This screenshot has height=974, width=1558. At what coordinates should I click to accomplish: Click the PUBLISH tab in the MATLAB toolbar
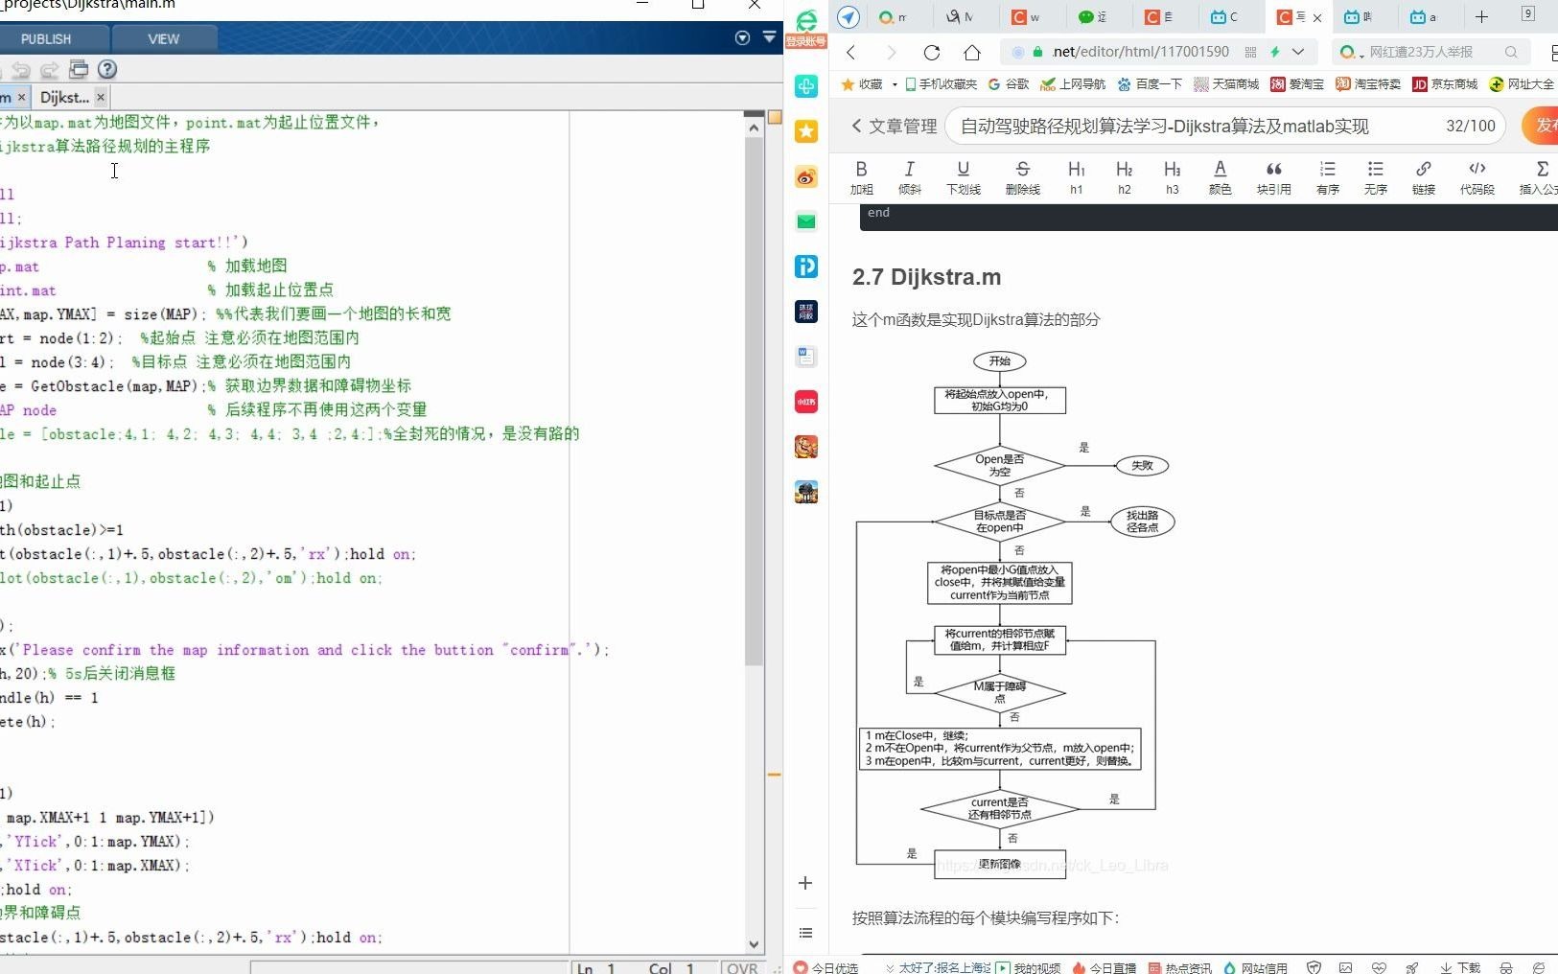46,39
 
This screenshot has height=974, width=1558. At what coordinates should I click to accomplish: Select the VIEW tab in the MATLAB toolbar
163,39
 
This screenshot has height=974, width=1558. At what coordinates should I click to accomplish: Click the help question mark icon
107,69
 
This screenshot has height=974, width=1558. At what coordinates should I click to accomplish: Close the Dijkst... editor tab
101,97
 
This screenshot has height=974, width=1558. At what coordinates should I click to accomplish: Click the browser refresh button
931,52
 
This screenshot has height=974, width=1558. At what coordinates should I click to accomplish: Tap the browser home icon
972,52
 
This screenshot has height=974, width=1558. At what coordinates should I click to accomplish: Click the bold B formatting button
861,176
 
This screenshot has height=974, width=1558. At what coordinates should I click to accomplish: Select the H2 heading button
1124,176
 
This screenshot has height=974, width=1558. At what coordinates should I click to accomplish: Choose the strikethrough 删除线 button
1022,176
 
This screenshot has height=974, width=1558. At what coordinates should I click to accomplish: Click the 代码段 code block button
1477,176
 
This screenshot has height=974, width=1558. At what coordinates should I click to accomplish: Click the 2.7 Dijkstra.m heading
926,277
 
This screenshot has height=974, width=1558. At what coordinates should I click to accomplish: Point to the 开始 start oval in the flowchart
1000,361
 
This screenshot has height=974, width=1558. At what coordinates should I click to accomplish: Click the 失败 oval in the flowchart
1142,466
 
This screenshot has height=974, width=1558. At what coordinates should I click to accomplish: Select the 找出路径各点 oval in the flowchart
1142,522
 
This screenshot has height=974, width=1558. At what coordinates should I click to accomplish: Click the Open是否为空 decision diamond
1000,466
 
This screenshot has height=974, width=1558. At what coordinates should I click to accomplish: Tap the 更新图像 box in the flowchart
1000,864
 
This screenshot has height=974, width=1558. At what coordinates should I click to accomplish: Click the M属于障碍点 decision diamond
1000,691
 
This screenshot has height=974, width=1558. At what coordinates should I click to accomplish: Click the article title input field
1189,127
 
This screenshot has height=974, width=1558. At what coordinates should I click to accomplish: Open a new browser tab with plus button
1481,16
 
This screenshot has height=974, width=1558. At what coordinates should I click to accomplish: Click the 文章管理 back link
894,127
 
